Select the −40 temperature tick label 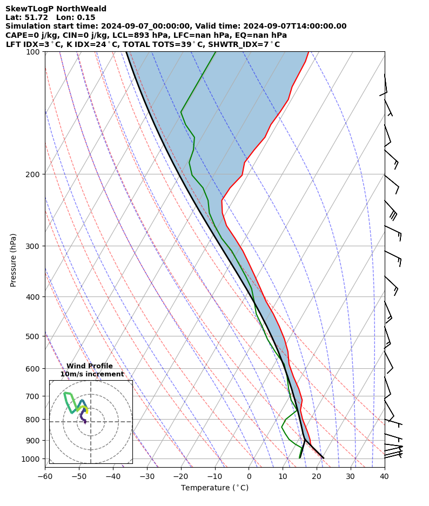click(113, 476)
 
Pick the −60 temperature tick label click(45, 476)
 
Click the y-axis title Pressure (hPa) click(14, 260)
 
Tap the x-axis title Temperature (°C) click(215, 488)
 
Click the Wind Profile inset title click(90, 366)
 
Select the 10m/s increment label click(92, 374)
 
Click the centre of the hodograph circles click(91, 422)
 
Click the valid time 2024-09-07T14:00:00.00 click(294, 26)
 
